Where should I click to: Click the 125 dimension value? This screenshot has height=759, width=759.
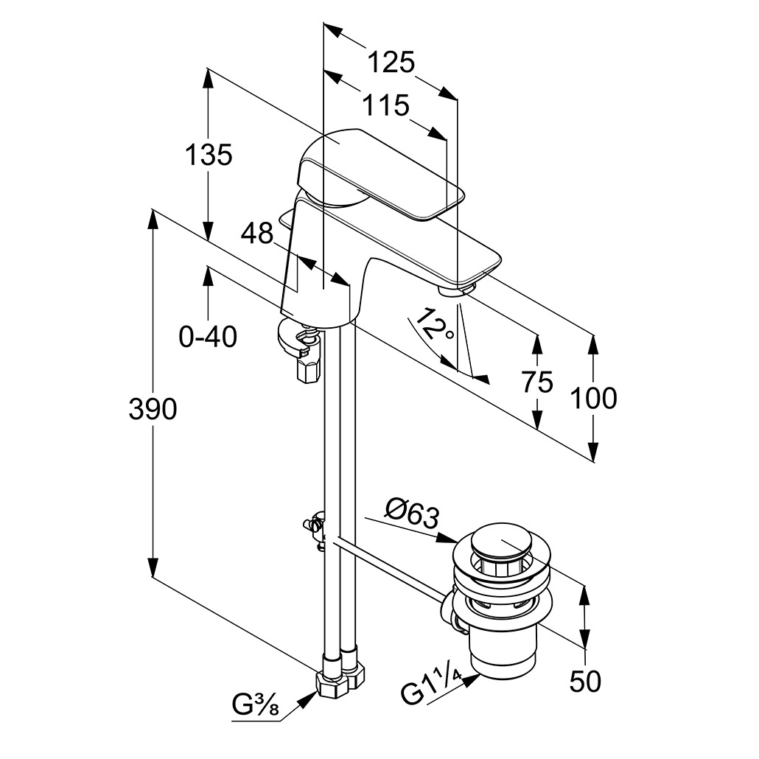pyautogui.click(x=391, y=63)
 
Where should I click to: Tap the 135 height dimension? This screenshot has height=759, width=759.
pyautogui.click(x=208, y=155)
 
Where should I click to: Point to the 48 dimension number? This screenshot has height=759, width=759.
pyautogui.click(x=257, y=234)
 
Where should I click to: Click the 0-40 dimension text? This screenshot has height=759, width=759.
pyautogui.click(x=208, y=337)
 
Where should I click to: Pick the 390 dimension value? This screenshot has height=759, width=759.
pyautogui.click(x=153, y=409)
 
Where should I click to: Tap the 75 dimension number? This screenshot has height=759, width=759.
pyautogui.click(x=536, y=382)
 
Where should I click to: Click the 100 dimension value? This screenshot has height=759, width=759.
pyautogui.click(x=594, y=398)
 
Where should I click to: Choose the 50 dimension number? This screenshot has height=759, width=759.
pyautogui.click(x=585, y=682)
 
